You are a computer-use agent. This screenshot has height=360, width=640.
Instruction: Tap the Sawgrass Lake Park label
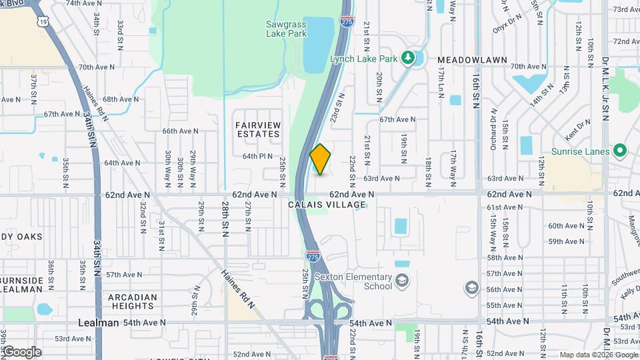coord(286,28)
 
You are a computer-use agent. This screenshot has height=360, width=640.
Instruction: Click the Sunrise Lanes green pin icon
coord(619,151)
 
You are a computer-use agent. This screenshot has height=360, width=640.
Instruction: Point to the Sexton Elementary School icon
coord(402,281)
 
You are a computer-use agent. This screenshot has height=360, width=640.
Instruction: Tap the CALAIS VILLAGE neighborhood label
coord(327,205)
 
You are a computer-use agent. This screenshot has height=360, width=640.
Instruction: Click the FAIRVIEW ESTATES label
coord(257,129)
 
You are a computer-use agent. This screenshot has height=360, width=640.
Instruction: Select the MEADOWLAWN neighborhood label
coord(464,60)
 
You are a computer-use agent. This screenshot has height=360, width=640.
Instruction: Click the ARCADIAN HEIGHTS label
coord(133,301)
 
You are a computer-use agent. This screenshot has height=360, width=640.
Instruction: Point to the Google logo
coord(22,351)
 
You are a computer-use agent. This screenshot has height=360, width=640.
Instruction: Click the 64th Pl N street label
coord(257,156)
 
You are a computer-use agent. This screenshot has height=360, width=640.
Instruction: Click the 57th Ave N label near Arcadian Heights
coord(121,275)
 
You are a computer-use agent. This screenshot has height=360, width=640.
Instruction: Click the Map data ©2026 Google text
coord(599,355)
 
